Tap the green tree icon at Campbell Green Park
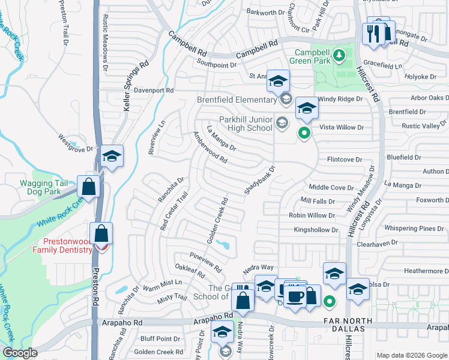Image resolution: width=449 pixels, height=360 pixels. tap(340, 56)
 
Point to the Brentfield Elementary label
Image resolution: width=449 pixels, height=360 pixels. tap(238, 100)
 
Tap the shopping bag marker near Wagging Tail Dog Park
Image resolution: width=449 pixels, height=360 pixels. tap(89, 186)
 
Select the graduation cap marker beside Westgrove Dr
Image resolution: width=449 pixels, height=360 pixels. tap(112, 157)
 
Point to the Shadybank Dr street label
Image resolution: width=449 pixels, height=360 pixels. tap(259, 181)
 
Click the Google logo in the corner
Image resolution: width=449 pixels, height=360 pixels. tap(20, 353)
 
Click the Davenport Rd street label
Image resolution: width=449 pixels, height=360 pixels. tap(153, 90)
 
